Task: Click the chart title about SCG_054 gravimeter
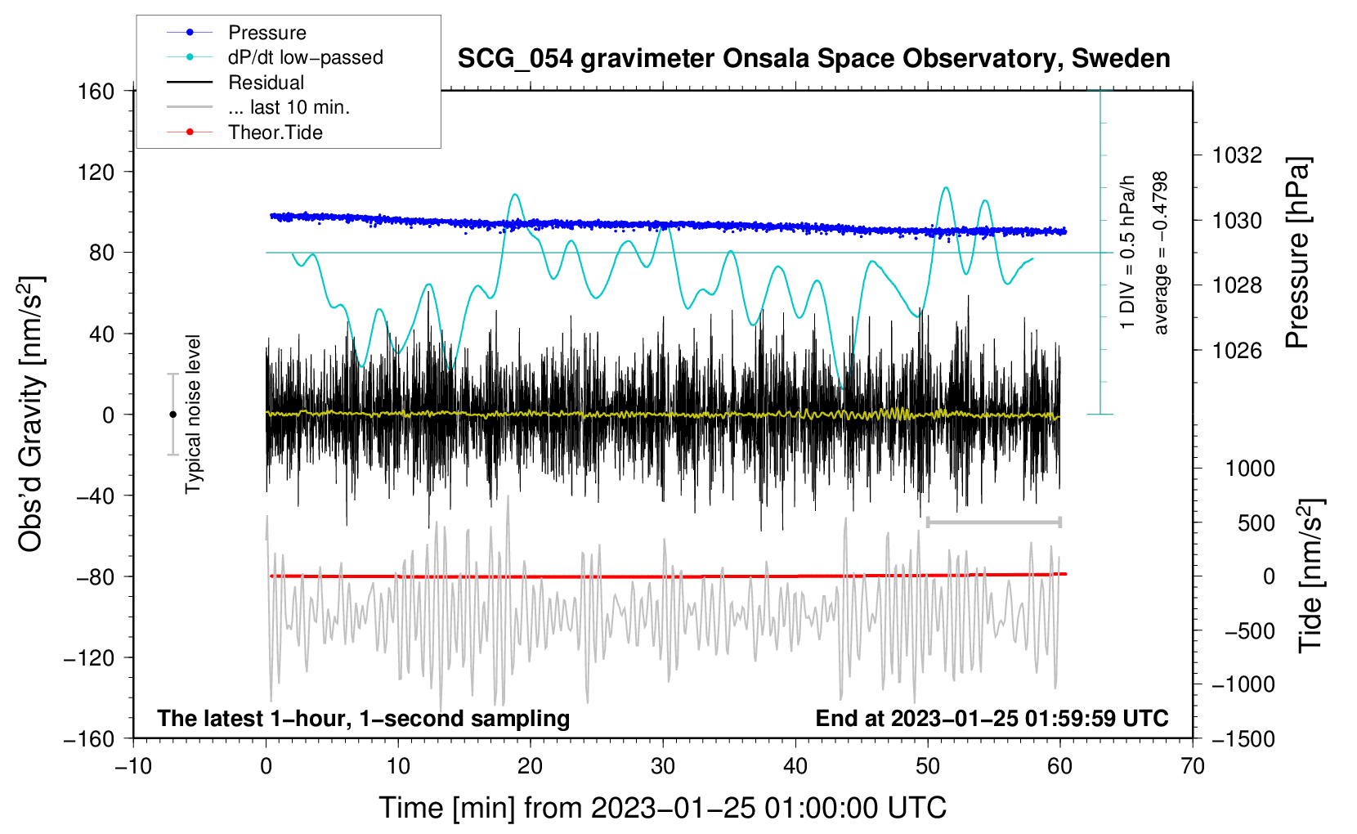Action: [813, 59]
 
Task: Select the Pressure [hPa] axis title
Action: [1297, 252]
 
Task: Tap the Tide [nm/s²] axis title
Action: [1311, 576]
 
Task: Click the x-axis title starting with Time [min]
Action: [663, 808]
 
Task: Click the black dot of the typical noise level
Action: [172, 415]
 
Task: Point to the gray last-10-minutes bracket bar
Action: [993, 522]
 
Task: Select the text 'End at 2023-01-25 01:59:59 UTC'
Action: [992, 718]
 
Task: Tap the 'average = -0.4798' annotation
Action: [1160, 253]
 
